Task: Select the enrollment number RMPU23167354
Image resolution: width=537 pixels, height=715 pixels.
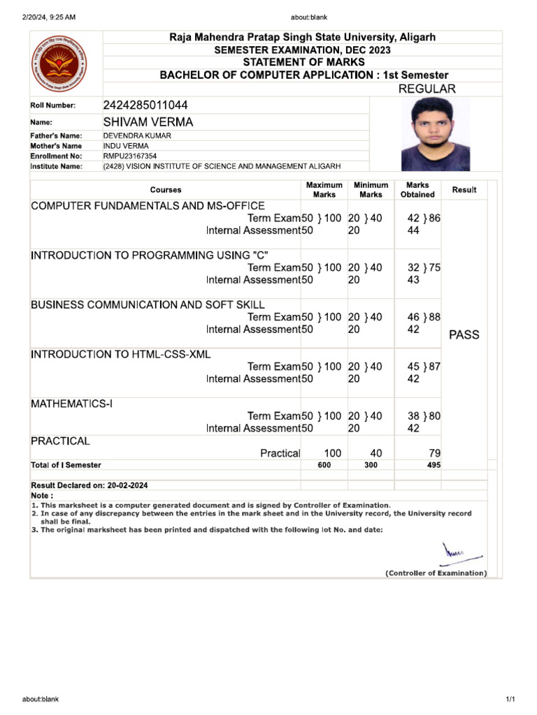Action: point(130,156)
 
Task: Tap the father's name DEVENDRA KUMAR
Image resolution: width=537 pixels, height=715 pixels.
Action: point(137,135)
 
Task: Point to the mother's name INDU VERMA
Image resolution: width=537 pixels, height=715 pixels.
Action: point(126,146)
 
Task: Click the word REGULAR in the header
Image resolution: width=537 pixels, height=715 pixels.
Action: point(427,89)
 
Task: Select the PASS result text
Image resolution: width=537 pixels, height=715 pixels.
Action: point(464,334)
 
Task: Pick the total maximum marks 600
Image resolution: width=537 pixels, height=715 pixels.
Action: point(324,465)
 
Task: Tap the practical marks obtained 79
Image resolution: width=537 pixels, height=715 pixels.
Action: point(433,453)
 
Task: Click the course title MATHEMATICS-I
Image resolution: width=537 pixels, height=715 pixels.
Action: point(71,404)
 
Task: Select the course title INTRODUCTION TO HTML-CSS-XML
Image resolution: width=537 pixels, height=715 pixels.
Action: point(120,355)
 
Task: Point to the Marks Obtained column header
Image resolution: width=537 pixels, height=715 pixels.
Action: point(417,190)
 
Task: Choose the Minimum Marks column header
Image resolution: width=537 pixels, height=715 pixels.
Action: point(371,190)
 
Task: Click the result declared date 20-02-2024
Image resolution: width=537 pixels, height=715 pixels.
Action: point(124,485)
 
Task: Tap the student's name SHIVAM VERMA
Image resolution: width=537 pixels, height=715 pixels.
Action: point(148,122)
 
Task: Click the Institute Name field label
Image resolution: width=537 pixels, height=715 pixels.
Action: point(56,167)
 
